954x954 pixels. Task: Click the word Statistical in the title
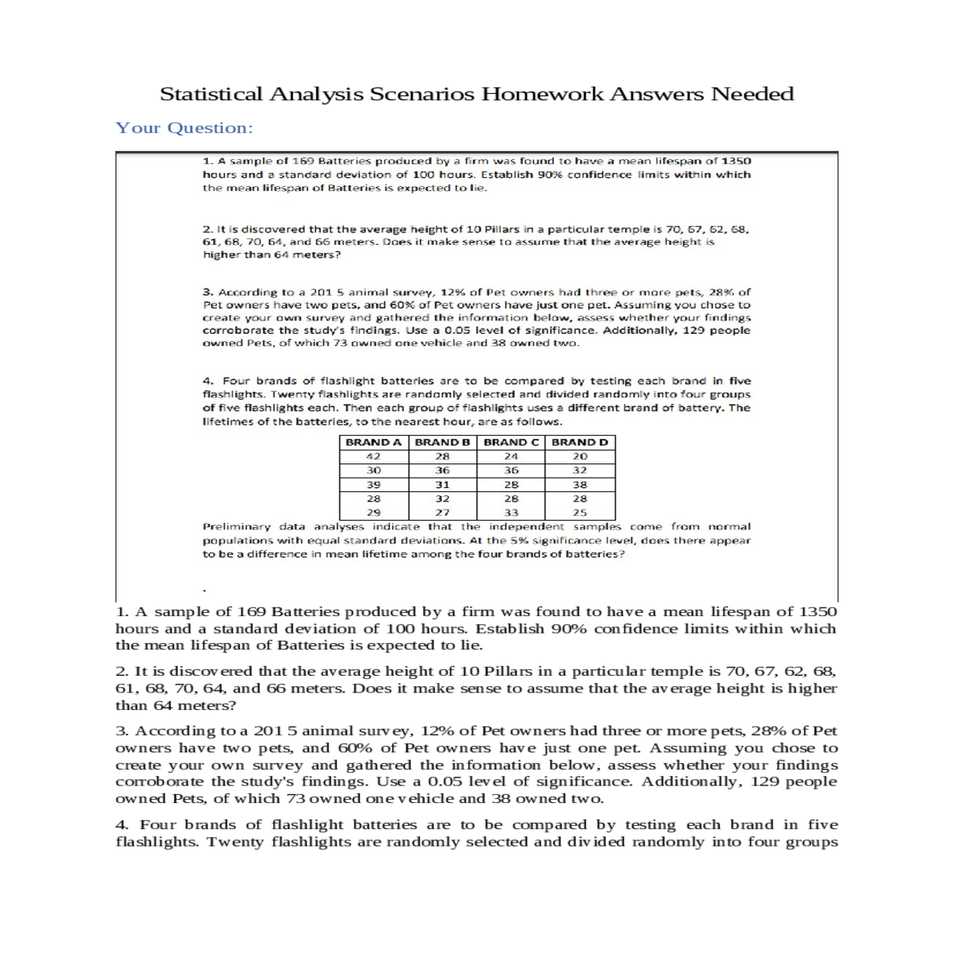(211, 94)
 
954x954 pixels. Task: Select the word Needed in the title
(751, 94)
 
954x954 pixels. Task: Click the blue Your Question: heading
(184, 128)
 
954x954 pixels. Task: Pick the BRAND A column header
(373, 442)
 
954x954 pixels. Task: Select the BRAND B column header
(442, 442)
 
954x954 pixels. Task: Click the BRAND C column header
(510, 442)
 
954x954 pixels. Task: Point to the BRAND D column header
(580, 442)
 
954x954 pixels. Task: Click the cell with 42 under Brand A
(373, 456)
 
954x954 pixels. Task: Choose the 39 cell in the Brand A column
(373, 484)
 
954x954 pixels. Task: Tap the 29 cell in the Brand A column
(373, 513)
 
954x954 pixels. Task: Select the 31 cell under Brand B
(442, 484)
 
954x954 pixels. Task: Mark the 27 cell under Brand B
(442, 513)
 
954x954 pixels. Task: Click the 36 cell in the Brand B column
(442, 470)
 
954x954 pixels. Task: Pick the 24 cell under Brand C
(510, 456)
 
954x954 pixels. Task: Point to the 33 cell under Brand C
(510, 513)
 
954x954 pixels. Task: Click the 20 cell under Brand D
(580, 456)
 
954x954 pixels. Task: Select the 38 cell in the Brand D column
(580, 484)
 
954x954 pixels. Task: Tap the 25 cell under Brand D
(580, 513)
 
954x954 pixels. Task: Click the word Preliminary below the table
(236, 526)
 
